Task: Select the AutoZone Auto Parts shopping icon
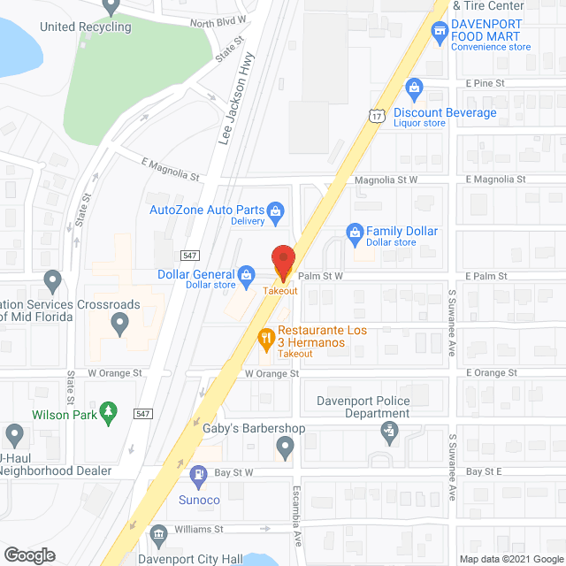276,210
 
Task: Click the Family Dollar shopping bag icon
356,232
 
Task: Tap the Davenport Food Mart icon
438,33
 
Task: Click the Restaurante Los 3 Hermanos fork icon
264,336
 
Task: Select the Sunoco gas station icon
198,475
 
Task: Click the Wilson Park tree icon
108,411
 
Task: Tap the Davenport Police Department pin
388,432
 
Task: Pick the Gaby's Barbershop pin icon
283,447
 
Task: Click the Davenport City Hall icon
158,534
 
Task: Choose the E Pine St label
485,82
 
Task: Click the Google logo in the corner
30,555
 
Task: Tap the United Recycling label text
85,27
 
